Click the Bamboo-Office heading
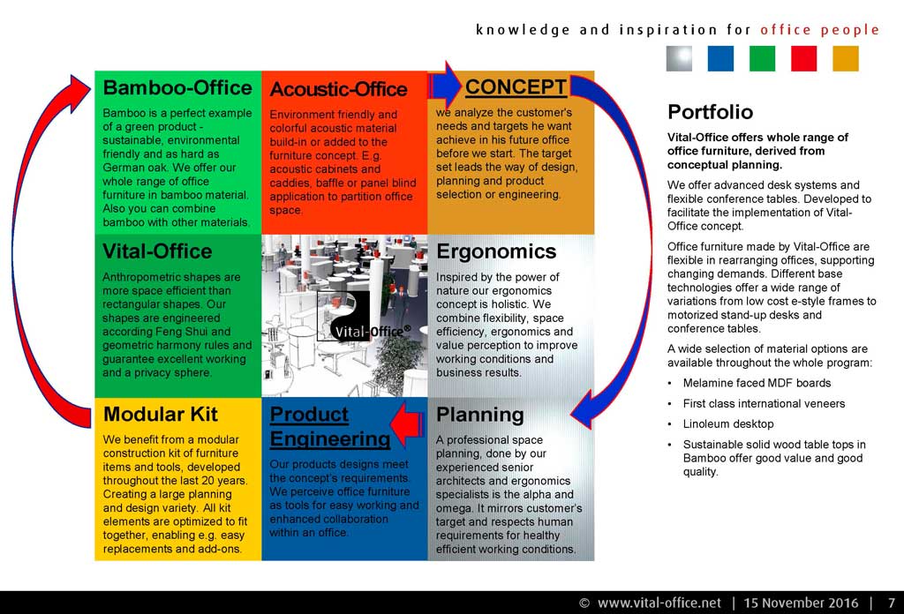(177, 87)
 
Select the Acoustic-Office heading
(338, 89)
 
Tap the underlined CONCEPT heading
(516, 86)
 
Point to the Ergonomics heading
(496, 251)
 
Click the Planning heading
(479, 415)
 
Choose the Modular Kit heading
(161, 414)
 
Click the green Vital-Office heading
(157, 251)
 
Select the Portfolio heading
(711, 112)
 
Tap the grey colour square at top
(679, 58)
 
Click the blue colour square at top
(720, 58)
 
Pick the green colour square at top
(762, 58)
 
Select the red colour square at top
(803, 58)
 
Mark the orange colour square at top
(846, 58)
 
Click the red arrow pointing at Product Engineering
(407, 425)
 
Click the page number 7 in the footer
(892, 603)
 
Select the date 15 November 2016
(801, 603)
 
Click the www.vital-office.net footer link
(659, 603)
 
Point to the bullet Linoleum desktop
(728, 424)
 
